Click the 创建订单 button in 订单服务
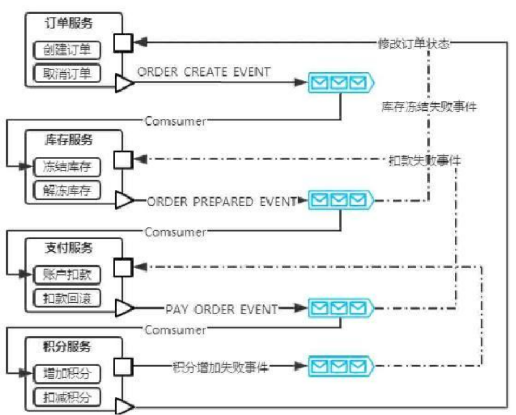click(67, 50)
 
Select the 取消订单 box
click(67, 73)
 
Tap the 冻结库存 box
click(67, 167)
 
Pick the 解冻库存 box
click(67, 190)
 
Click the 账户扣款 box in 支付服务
click(67, 275)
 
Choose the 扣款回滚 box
click(67, 298)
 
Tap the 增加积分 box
click(67, 373)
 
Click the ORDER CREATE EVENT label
click(204, 72)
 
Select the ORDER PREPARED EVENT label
click(222, 202)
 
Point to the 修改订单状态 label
click(413, 43)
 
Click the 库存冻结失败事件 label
click(428, 107)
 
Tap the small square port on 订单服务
click(122, 42)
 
